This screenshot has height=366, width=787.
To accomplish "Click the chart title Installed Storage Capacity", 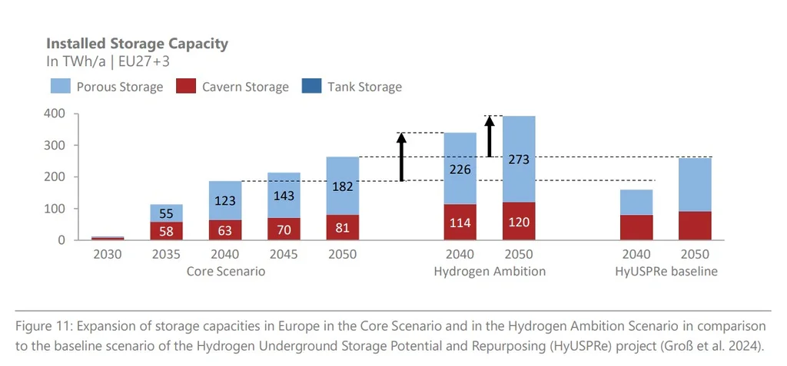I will (x=137, y=43).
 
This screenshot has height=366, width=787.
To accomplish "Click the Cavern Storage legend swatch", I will (x=187, y=86).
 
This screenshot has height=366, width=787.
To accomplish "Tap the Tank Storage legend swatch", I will (x=312, y=86).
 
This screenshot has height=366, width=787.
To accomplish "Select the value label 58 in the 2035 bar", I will (x=166, y=231).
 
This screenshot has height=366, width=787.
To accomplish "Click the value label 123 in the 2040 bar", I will (x=225, y=201).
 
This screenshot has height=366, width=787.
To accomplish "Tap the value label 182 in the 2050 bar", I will (x=343, y=186).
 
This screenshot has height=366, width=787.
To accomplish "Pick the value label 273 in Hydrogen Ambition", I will (x=519, y=160).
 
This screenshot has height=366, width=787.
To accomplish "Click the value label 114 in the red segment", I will (x=460, y=223).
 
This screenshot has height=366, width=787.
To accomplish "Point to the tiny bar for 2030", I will (x=108, y=238).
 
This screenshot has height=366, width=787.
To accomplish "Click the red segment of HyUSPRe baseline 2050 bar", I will (x=695, y=226).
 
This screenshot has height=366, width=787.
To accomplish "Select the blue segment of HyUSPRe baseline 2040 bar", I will (x=636, y=202).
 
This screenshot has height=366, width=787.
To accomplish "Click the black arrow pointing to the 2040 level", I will (x=400, y=157).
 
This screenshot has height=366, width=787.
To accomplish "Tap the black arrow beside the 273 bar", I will (x=489, y=136).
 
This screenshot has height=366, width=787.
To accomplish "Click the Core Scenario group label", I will (x=225, y=272).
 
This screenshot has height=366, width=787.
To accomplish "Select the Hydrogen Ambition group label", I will (x=490, y=272).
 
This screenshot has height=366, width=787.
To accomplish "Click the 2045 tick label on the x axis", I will (x=284, y=255).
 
